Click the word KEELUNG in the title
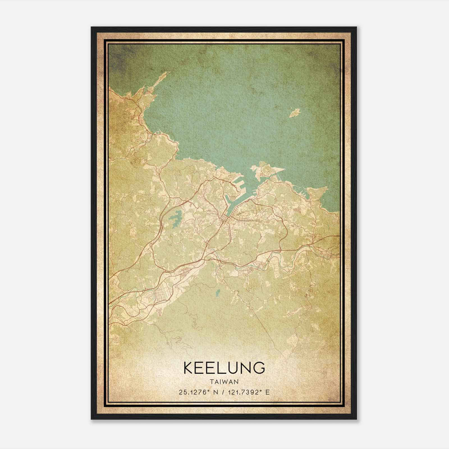pos(224,368)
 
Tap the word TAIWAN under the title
pos(224,382)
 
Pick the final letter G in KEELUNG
pos(259,368)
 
